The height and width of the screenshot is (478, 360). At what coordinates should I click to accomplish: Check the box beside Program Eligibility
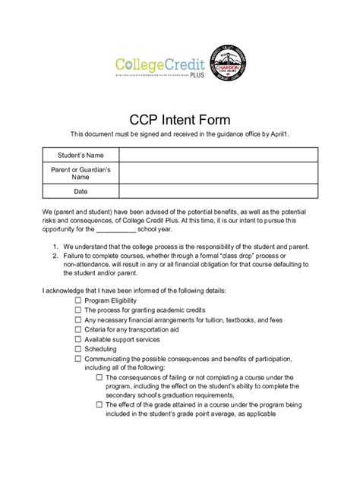tap(78, 301)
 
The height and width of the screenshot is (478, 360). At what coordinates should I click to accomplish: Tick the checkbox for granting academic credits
tap(78, 310)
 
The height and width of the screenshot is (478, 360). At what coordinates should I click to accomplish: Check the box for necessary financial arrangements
tap(78, 320)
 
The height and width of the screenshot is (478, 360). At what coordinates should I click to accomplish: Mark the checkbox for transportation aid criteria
tap(78, 329)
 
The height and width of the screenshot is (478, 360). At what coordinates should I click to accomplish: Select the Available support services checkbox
tap(78, 339)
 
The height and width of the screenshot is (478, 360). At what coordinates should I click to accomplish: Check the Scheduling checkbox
tap(78, 348)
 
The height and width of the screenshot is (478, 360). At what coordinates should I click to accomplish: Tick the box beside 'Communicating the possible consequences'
tap(78, 358)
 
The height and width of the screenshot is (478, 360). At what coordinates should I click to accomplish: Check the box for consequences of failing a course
tap(99, 377)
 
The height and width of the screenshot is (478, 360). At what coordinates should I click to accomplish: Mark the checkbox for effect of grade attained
tap(99, 405)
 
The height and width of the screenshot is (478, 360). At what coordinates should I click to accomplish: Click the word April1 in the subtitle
tap(279, 134)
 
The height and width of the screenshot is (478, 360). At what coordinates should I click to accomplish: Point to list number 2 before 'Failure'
tap(55, 256)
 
